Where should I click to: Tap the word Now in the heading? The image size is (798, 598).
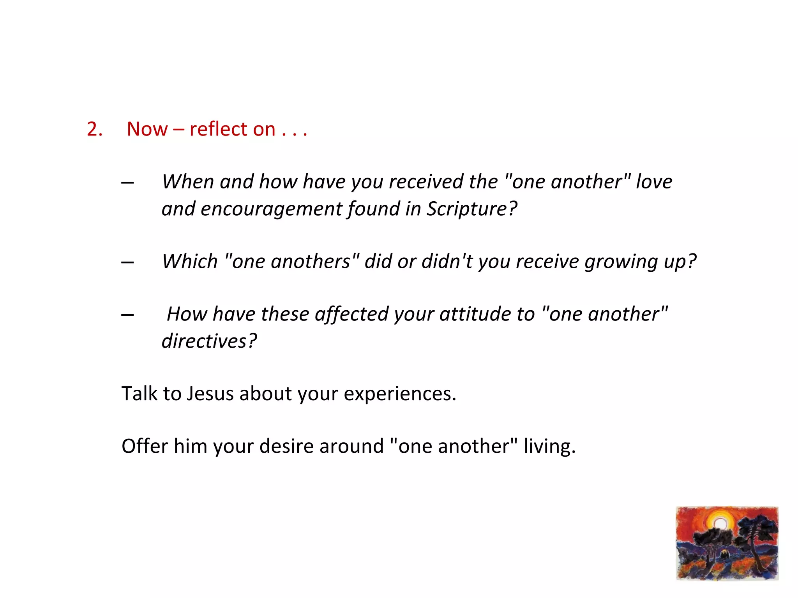coord(147,129)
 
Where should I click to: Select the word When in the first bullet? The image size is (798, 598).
coord(187,182)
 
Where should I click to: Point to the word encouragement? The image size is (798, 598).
coord(271,209)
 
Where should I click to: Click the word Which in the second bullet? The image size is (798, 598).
coord(190,261)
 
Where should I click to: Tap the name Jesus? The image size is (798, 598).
coord(210,394)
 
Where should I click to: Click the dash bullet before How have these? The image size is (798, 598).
coord(127,315)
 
